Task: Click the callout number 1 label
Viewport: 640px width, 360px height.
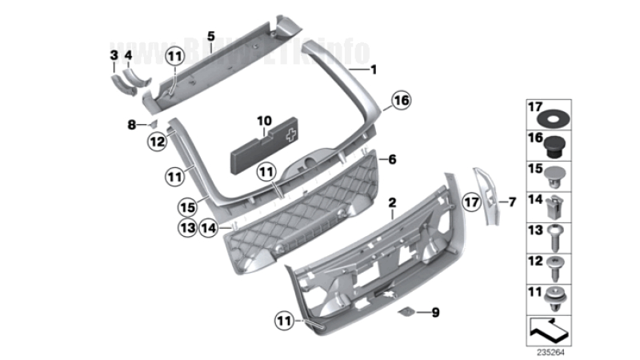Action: [372, 70]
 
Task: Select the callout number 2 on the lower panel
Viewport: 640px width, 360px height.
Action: [391, 203]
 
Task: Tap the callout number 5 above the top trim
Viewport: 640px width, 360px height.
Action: [210, 36]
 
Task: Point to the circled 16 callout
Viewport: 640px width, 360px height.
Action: [400, 101]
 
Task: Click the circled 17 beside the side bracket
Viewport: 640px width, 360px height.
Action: [470, 203]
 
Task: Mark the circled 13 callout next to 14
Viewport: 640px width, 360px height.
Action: [187, 228]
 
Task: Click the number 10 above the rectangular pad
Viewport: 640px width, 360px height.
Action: [264, 122]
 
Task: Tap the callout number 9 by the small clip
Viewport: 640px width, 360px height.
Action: [435, 312]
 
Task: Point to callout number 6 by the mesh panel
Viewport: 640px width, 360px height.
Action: [393, 159]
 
